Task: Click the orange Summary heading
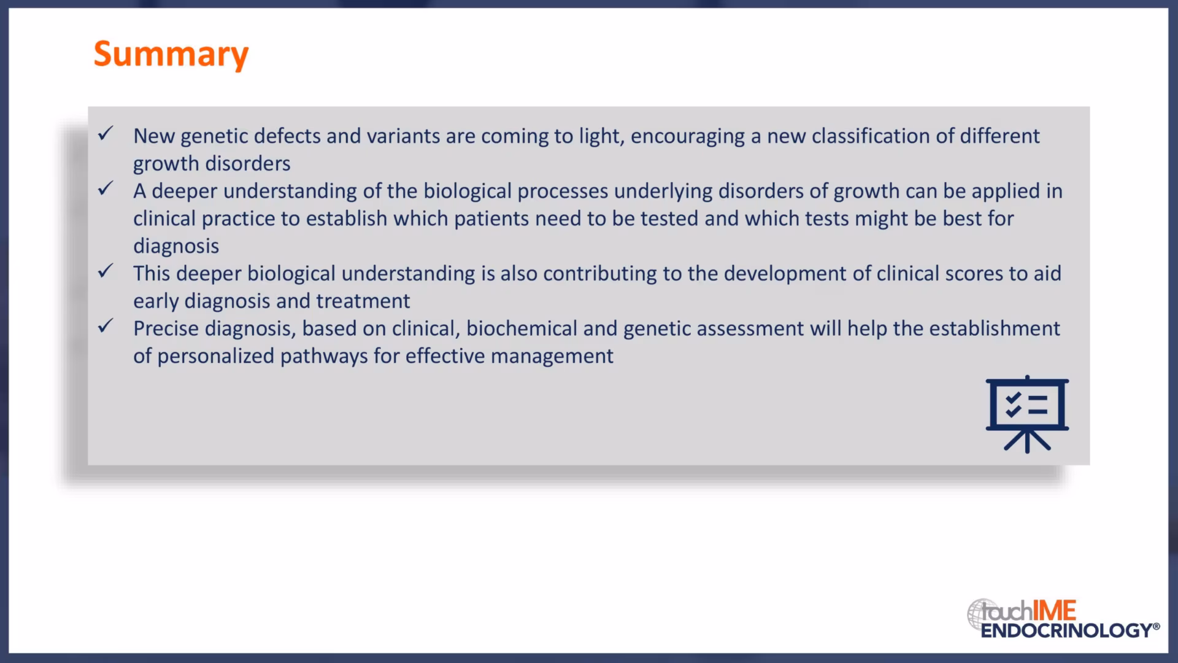[171, 55]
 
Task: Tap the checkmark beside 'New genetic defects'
[106, 133]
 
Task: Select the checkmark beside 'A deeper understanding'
[106, 188]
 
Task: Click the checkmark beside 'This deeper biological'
[106, 271]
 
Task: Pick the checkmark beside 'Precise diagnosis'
[106, 326]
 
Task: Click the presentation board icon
[1027, 414]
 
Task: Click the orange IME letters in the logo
[1055, 611]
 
